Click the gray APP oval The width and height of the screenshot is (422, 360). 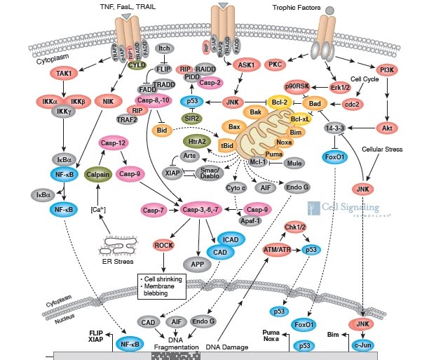[x=192, y=265]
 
